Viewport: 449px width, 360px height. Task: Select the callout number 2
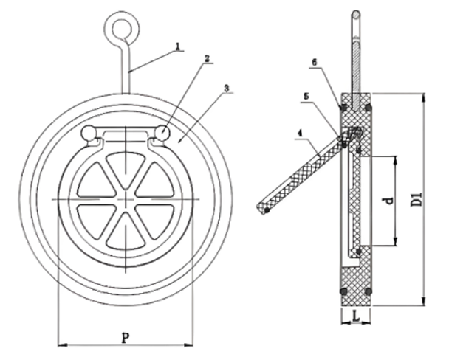click(208, 58)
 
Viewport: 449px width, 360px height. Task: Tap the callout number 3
click(227, 88)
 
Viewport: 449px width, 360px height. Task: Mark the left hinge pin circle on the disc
click(89, 134)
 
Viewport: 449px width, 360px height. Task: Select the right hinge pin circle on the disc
click(161, 134)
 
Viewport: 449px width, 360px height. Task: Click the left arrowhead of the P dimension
click(61, 343)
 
